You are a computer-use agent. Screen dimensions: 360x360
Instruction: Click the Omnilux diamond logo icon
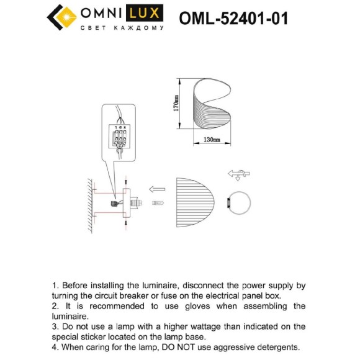[60, 17]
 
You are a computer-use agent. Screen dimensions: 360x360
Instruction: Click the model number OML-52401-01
[233, 19]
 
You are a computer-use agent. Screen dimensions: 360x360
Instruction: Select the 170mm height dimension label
[176, 106]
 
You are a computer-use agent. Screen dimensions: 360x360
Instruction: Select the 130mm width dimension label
[212, 140]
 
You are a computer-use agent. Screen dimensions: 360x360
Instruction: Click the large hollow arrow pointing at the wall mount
[156, 189]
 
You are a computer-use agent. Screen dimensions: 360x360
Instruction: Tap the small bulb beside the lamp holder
[158, 204]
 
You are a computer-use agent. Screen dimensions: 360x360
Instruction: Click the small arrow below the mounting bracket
[126, 222]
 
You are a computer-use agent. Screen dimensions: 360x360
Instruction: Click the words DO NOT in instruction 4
[184, 347]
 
